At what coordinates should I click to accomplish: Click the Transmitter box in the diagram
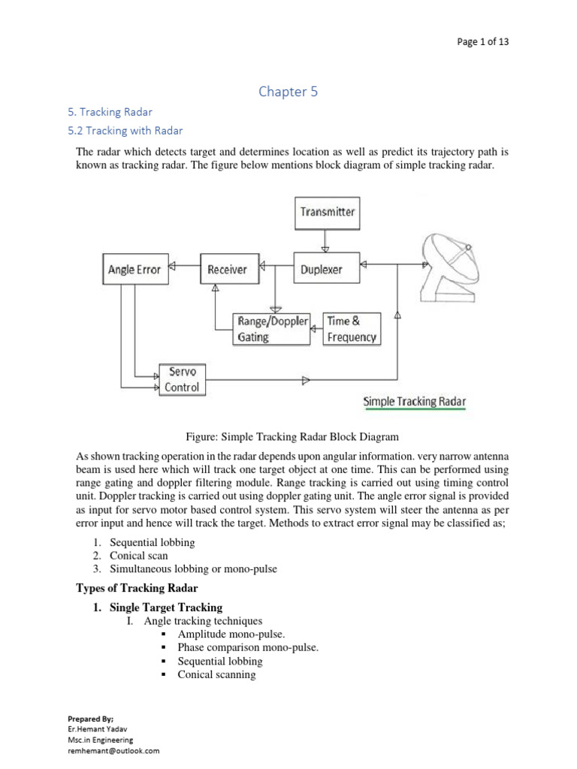point(327,212)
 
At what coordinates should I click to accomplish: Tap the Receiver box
point(227,270)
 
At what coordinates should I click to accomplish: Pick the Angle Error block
point(134,270)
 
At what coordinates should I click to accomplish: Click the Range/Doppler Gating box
point(272,329)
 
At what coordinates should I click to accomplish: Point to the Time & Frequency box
point(351,329)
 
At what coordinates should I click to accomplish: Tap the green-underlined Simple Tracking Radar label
point(414,402)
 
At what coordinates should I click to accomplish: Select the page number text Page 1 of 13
point(482,42)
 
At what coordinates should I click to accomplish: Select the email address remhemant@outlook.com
point(113,750)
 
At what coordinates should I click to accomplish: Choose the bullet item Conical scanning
point(216,674)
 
